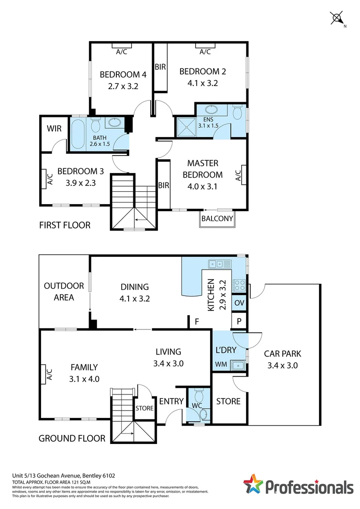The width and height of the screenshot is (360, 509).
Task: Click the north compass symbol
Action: tap(337, 18)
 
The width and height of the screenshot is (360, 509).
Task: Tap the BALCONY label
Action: tap(217, 219)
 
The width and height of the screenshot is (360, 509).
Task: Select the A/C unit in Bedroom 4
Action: tap(122, 46)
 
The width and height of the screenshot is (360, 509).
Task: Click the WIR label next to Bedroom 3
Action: tap(55, 129)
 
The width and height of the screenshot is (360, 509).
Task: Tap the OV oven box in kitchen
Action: tap(239, 303)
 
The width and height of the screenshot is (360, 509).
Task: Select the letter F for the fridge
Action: tap(196, 322)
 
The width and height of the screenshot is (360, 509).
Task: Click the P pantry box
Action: tap(239, 322)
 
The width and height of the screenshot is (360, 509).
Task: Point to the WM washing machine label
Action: tap(221, 364)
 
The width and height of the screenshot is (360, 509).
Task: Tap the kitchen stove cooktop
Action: tap(239, 285)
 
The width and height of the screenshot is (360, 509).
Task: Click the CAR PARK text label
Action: tap(282, 353)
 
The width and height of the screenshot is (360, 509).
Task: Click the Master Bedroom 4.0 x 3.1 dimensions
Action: tap(203, 186)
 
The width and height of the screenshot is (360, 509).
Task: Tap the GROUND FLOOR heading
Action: tap(72, 438)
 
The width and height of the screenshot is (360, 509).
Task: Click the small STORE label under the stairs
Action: tap(144, 408)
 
